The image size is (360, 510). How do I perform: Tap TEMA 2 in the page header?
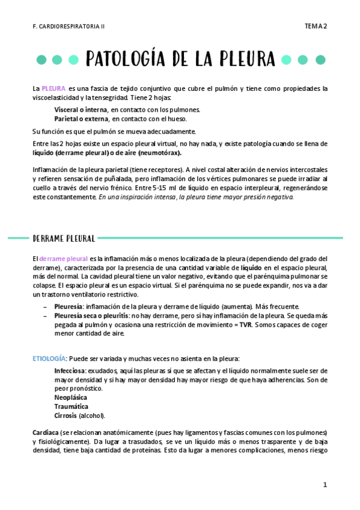316,26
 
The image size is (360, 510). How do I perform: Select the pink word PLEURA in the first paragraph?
53,88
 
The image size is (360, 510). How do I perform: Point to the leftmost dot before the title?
41,60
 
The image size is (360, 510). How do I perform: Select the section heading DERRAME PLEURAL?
63,238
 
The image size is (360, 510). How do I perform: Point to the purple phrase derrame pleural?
63,259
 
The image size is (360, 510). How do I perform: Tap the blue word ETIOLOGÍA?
48,358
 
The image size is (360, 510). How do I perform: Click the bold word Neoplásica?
70,398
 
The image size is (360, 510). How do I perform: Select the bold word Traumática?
71,407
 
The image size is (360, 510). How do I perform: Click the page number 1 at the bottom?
325,485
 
